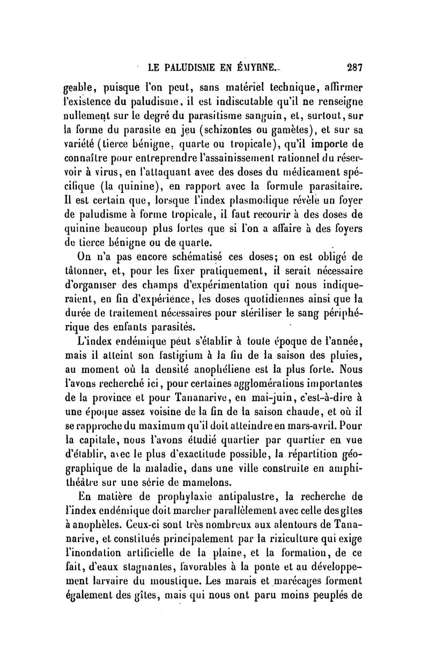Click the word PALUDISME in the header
coord(190,68)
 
